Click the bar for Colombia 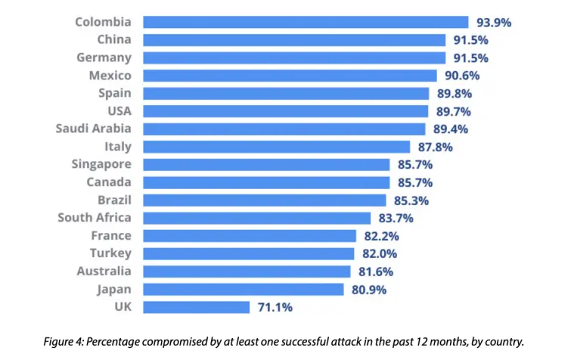click(306, 22)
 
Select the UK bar click(196, 307)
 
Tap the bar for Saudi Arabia click(284, 129)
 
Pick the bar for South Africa click(256, 218)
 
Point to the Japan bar click(246, 289)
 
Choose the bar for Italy click(276, 147)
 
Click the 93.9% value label click(493, 23)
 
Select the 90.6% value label click(462, 76)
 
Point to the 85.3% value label click(411, 200)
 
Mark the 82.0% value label click(380, 254)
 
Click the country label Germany click(104, 57)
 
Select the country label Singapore click(101, 164)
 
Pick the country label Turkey click(110, 253)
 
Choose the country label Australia click(104, 271)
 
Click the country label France click(111, 235)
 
